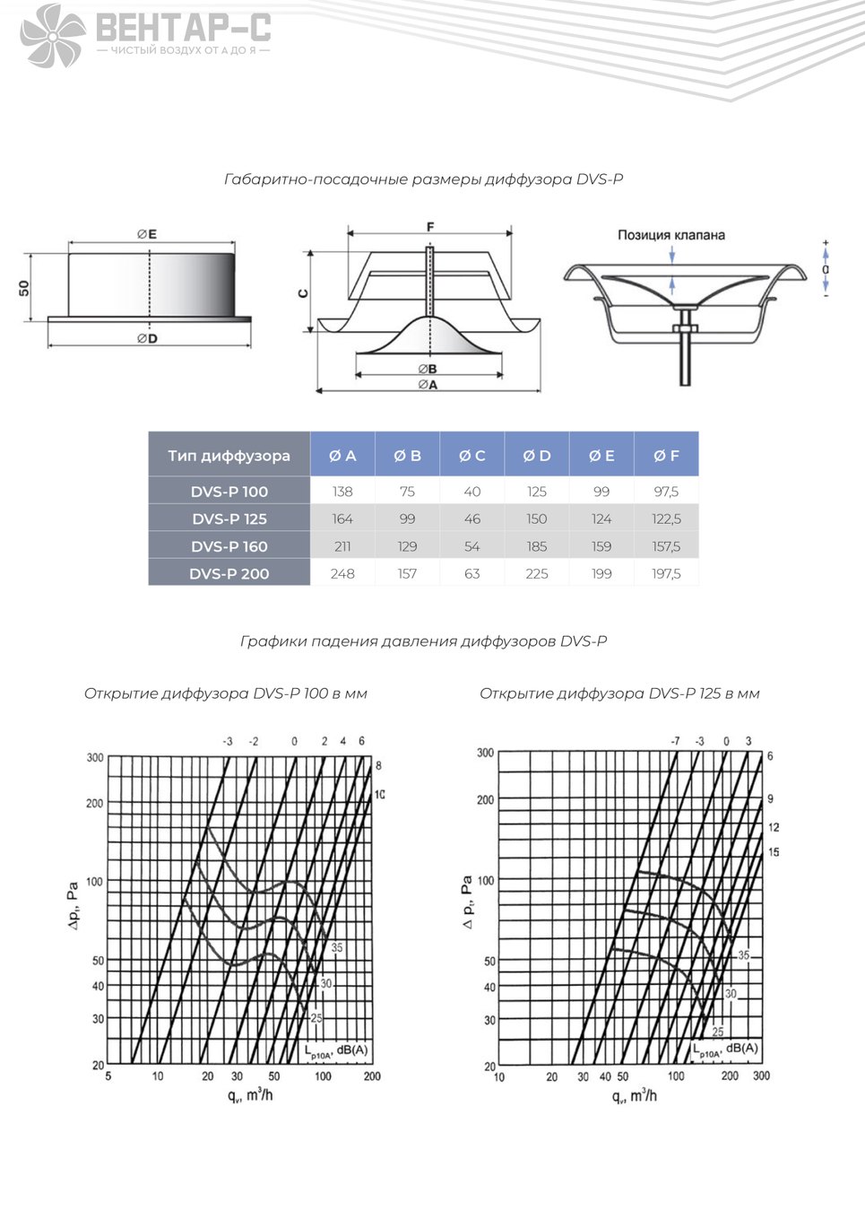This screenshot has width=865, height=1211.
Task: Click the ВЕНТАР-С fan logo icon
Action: (53, 36)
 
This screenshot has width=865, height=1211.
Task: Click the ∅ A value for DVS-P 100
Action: (342, 492)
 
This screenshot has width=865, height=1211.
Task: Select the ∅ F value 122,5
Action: (666, 519)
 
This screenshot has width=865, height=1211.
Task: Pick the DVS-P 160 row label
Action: (229, 546)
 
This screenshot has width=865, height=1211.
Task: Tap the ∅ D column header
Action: (537, 456)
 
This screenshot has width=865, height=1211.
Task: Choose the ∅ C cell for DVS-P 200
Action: (471, 573)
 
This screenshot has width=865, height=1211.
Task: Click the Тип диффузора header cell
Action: (229, 456)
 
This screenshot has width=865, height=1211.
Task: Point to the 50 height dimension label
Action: (24, 288)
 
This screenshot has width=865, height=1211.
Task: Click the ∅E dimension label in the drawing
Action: (147, 234)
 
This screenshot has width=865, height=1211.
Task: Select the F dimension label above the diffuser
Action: (430, 227)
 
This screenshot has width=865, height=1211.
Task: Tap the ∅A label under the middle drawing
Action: (428, 385)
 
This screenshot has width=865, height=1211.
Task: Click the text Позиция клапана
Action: (671, 235)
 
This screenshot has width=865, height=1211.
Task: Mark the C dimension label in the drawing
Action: (303, 293)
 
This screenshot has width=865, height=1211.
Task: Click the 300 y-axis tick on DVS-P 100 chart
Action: (95, 757)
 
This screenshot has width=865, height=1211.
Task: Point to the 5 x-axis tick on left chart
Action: (108, 1076)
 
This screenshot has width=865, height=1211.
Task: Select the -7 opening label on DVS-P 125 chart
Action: (675, 741)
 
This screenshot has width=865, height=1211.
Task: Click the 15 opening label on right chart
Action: (774, 852)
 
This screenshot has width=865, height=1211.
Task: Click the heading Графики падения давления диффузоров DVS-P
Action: (424, 641)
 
